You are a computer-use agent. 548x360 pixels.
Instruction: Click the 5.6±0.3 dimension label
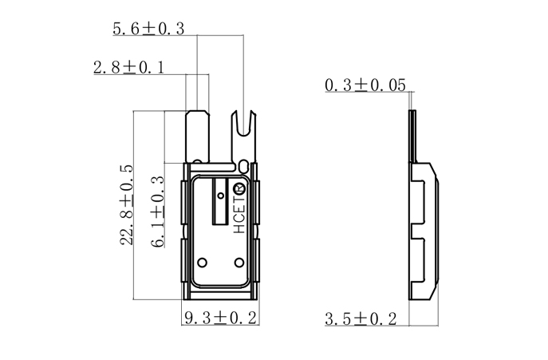pos(148,29)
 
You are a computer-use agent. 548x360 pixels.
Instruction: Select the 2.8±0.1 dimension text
pos(128,68)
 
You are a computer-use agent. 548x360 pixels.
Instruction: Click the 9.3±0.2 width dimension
pos(220,318)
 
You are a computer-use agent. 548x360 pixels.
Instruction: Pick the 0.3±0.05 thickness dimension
pos(365,85)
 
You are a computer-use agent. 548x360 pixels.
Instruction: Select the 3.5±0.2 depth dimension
pos(361,318)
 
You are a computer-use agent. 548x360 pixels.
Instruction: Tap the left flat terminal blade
pos(197,136)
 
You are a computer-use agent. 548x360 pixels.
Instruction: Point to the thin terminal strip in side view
pos(413,136)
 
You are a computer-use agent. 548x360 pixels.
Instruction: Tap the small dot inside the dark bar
pos(219,192)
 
